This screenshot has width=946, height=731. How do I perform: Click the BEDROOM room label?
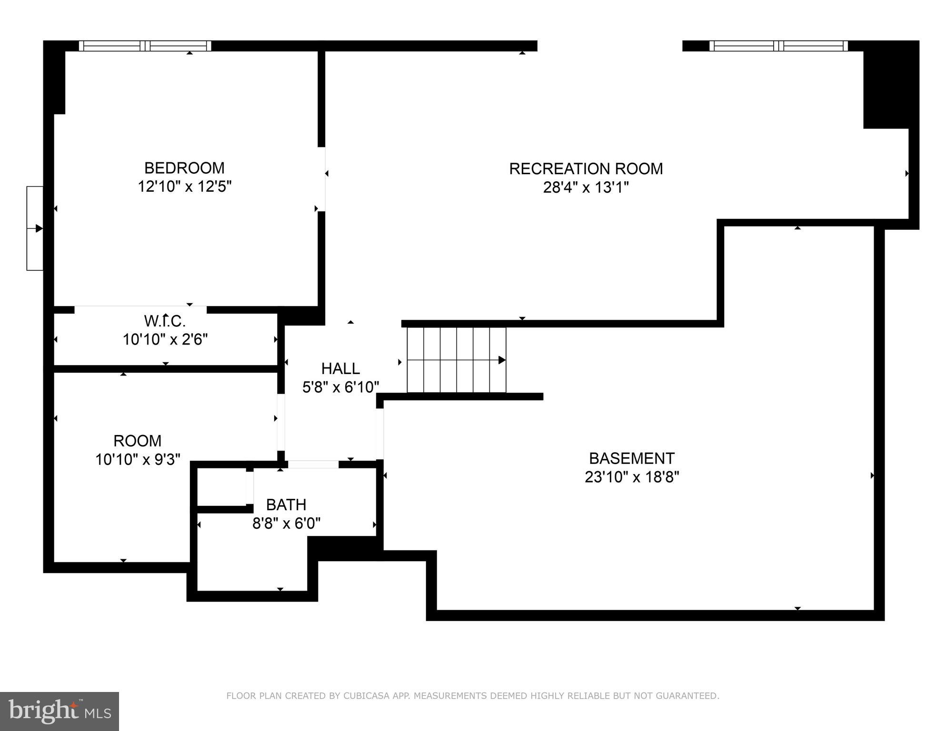[184, 168]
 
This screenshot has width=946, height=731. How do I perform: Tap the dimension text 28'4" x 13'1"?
[586, 188]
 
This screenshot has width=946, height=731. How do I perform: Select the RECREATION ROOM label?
[586, 169]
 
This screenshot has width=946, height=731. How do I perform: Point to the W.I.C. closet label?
[165, 321]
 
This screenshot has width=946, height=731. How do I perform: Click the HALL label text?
[340, 368]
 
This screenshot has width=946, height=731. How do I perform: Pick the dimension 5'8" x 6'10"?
[340, 387]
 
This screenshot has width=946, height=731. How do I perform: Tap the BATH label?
[286, 504]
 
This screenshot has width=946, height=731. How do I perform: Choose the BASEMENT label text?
[632, 458]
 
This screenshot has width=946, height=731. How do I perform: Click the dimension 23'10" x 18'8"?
[632, 477]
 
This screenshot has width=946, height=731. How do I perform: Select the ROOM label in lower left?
[137, 441]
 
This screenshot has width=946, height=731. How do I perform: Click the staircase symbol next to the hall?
[456, 360]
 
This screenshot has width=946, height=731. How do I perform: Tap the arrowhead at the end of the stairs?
[502, 360]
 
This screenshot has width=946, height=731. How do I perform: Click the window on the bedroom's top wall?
[145, 46]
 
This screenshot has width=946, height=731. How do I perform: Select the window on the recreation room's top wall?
[778, 46]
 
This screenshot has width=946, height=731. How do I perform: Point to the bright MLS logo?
[59, 711]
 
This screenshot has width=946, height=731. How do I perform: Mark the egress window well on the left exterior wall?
[35, 228]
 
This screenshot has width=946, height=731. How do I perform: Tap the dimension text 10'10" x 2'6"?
[165, 340]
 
